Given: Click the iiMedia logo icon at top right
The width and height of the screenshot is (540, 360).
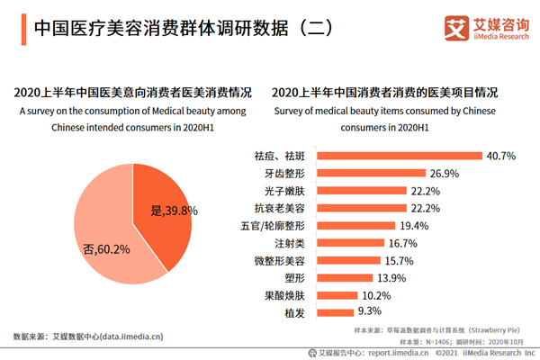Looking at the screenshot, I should [459, 26].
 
